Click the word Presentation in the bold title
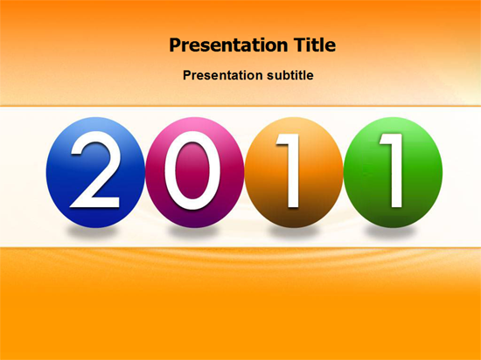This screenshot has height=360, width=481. click(228, 45)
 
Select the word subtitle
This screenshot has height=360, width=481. click(290, 75)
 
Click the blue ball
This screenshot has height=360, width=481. click(95, 172)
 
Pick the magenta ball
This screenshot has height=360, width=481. click(195, 172)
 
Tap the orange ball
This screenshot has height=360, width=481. click(294, 172)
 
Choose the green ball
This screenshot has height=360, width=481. click(393, 172)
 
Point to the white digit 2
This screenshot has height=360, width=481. click(95, 170)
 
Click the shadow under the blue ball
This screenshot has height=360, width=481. click(92, 232)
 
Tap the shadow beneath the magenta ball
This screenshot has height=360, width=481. click(192, 232)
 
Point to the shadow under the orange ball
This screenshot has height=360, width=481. click(294, 232)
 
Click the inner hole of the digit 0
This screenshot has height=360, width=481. click(192, 170)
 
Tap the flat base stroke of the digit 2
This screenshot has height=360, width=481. click(95, 203)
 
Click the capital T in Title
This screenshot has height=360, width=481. click(300, 45)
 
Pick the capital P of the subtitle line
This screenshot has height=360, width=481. click(187, 75)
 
